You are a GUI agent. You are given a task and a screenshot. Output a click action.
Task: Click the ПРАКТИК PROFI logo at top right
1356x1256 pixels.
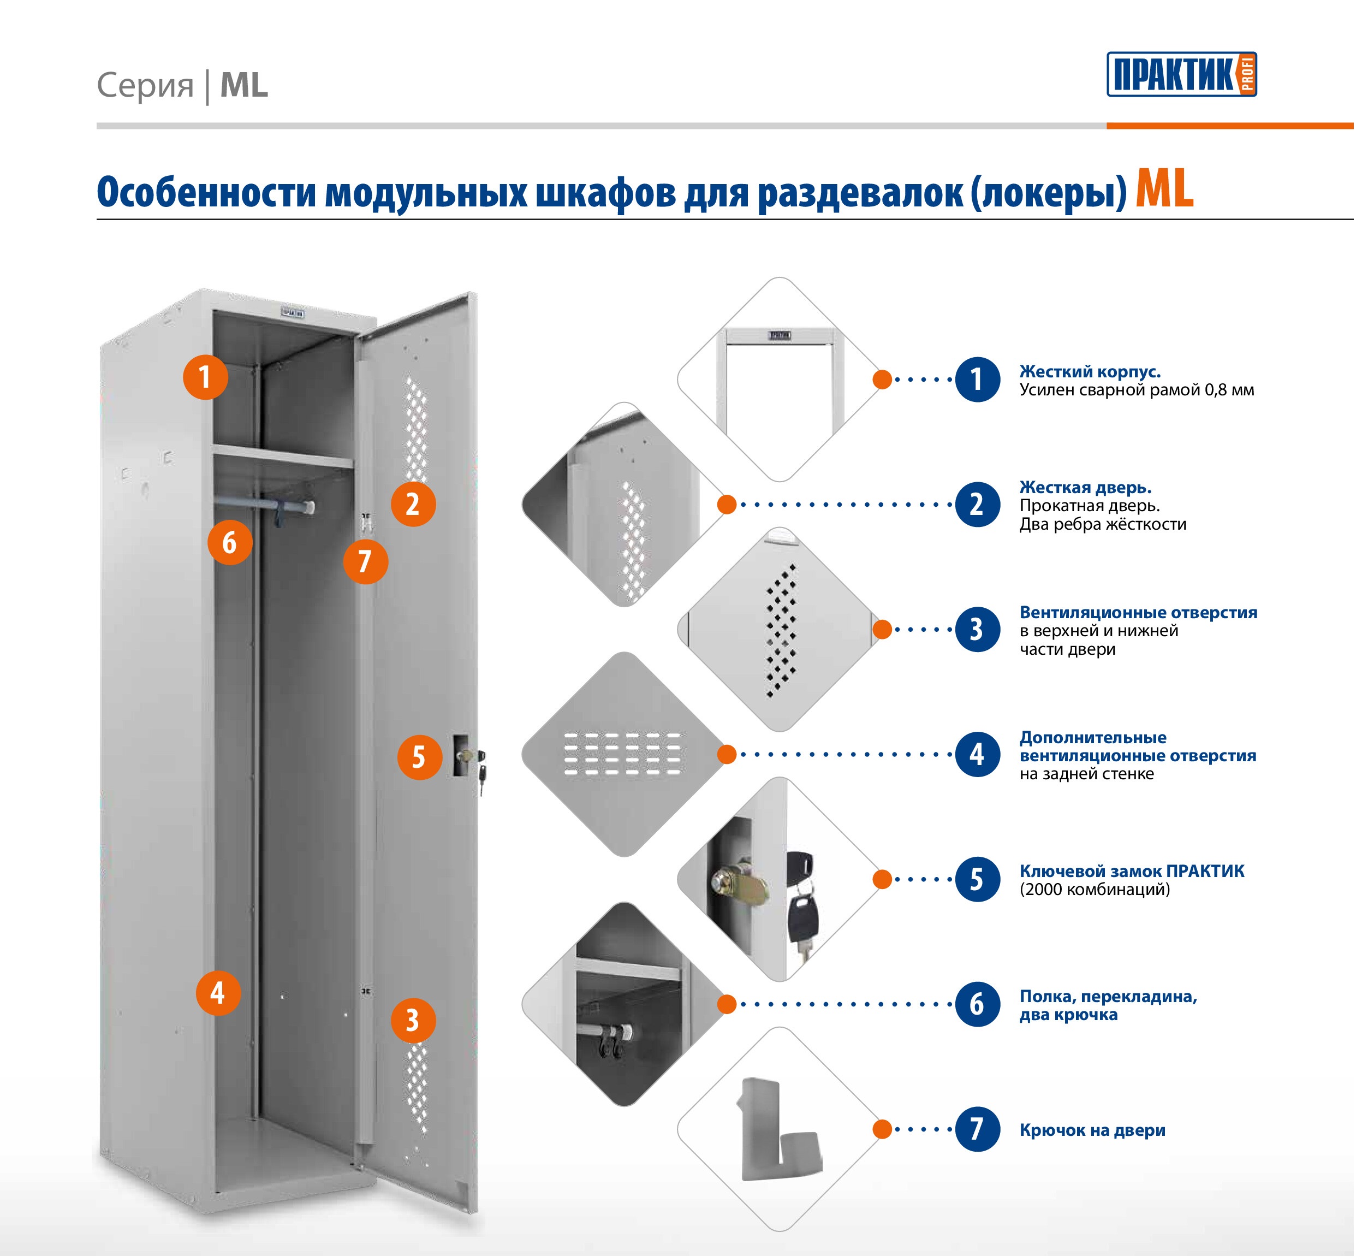click(1181, 74)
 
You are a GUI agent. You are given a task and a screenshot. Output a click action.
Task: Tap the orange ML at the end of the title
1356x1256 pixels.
click(1164, 189)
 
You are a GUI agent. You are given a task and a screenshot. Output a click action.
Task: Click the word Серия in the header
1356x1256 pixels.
click(145, 86)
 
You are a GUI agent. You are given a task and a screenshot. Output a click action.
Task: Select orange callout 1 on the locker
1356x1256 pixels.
click(205, 377)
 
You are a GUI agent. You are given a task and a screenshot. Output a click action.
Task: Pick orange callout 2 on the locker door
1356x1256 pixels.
click(413, 503)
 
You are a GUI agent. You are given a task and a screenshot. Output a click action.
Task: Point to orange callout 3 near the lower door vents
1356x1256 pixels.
click(413, 1020)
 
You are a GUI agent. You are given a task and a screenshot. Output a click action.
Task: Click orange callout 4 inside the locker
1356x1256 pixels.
click(218, 993)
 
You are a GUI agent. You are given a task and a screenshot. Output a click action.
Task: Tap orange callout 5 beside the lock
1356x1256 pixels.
click(419, 756)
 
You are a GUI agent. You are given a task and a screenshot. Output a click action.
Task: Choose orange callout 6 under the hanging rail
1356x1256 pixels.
click(230, 542)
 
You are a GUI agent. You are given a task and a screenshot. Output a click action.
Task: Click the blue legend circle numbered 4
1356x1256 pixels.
click(977, 754)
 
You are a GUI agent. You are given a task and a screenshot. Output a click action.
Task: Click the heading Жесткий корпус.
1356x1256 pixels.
click(1090, 372)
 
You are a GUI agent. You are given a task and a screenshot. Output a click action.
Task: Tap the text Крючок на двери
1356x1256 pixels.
click(1092, 1130)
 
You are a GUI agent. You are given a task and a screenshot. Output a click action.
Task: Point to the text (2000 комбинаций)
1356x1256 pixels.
click(1095, 889)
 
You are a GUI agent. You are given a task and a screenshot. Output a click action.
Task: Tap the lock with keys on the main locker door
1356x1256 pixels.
click(469, 761)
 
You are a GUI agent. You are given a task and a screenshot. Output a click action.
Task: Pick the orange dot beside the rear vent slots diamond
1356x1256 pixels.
click(727, 754)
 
